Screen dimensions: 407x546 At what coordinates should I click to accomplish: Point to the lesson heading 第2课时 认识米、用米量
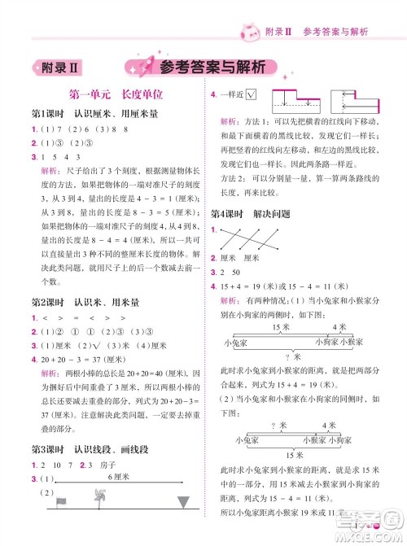click(85, 303)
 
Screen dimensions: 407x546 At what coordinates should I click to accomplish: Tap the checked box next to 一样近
click(251, 95)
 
